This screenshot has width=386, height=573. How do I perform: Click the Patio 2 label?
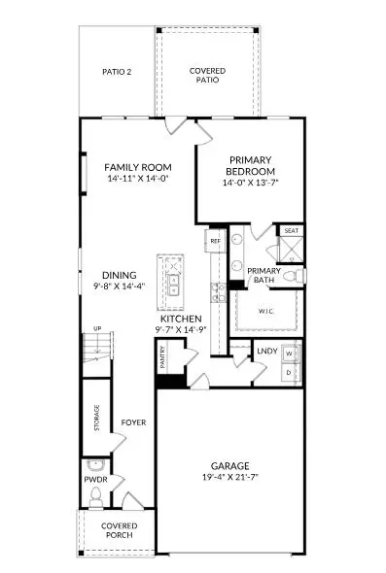(117, 72)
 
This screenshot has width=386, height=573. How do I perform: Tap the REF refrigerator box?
(215, 240)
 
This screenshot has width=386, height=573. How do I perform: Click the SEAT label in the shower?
(291, 231)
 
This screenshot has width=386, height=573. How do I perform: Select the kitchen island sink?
(174, 285)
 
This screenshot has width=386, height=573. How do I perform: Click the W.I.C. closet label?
(267, 312)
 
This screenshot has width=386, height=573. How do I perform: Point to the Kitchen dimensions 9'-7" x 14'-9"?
(181, 331)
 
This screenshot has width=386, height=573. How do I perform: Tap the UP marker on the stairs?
(96, 329)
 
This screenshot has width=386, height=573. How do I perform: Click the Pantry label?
(163, 361)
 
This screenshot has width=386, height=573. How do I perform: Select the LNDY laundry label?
(267, 352)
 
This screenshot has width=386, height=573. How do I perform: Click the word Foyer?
(133, 422)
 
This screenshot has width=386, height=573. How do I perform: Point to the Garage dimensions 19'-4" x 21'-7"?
(229, 477)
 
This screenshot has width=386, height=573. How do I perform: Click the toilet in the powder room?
(95, 498)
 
